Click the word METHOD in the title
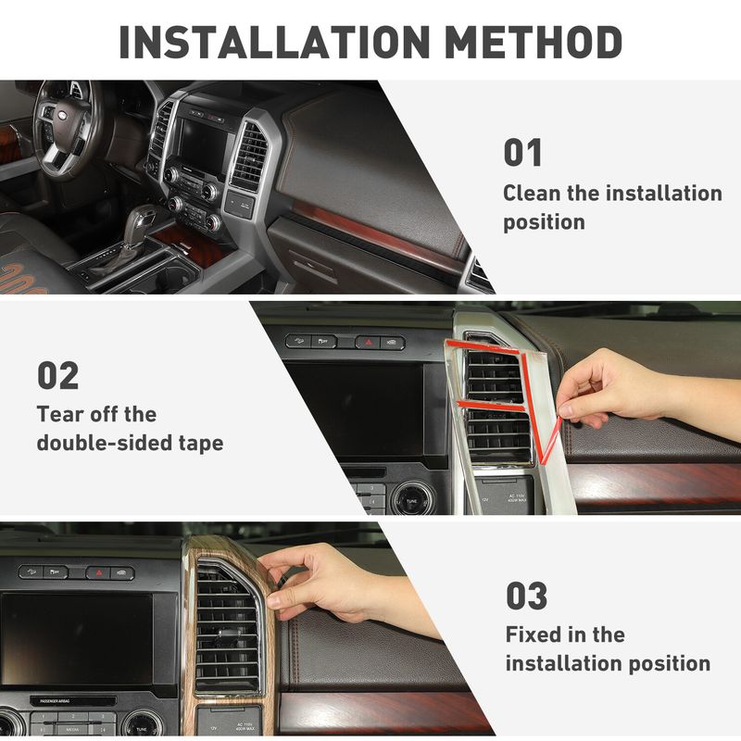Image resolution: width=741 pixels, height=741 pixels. point(534,42)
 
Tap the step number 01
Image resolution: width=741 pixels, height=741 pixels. point(522,152)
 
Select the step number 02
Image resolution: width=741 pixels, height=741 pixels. point(57,375)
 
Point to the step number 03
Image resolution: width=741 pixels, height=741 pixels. point(527,596)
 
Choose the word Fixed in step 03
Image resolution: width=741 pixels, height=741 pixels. point(532,634)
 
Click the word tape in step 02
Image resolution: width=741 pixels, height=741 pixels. point(201,445)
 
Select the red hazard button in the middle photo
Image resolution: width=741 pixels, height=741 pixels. point(368,342)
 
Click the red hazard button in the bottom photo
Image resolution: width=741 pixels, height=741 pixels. point(98,572)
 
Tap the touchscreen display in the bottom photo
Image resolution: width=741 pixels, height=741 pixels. point(77,638)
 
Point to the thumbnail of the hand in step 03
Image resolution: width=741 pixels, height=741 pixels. point(271,601)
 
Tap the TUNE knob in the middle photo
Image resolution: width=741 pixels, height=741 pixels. point(412,498)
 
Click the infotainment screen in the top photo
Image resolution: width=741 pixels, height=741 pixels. point(204,142)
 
